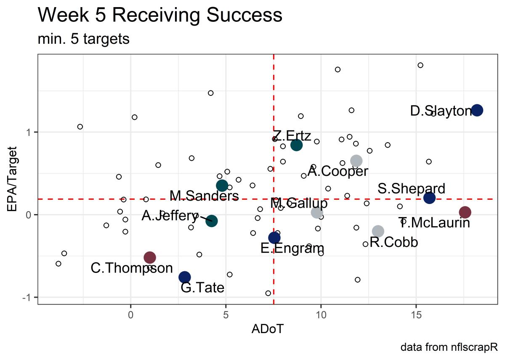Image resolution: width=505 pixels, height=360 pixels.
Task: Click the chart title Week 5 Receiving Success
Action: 160,16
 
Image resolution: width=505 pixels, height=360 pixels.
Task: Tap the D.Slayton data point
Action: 477,110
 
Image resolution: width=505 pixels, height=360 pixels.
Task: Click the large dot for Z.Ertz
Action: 296,145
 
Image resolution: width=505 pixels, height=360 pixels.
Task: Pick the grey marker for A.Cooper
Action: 356,161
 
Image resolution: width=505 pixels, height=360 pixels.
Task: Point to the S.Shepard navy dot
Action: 429,198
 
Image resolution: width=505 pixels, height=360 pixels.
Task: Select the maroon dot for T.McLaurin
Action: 465,212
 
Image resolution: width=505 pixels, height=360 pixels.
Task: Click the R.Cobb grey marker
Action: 378,231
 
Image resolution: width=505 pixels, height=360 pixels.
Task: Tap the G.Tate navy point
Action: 185,277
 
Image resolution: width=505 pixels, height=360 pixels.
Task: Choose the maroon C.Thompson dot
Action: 150,257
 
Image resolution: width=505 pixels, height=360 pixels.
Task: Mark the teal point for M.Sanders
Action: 222,185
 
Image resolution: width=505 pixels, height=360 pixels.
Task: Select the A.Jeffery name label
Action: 170,216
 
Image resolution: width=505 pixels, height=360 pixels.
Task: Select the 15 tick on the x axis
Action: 416,314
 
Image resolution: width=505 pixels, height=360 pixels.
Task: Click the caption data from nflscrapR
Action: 449,348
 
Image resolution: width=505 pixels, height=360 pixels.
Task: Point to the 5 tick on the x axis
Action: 226,314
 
